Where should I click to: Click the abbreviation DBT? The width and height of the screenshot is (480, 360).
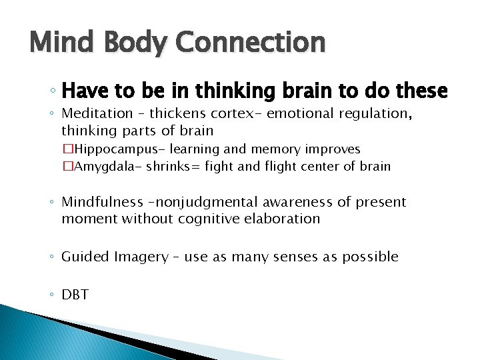(x=75, y=294)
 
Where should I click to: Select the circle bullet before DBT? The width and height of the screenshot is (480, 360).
(x=53, y=295)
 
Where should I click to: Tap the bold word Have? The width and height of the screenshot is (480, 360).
(x=82, y=90)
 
